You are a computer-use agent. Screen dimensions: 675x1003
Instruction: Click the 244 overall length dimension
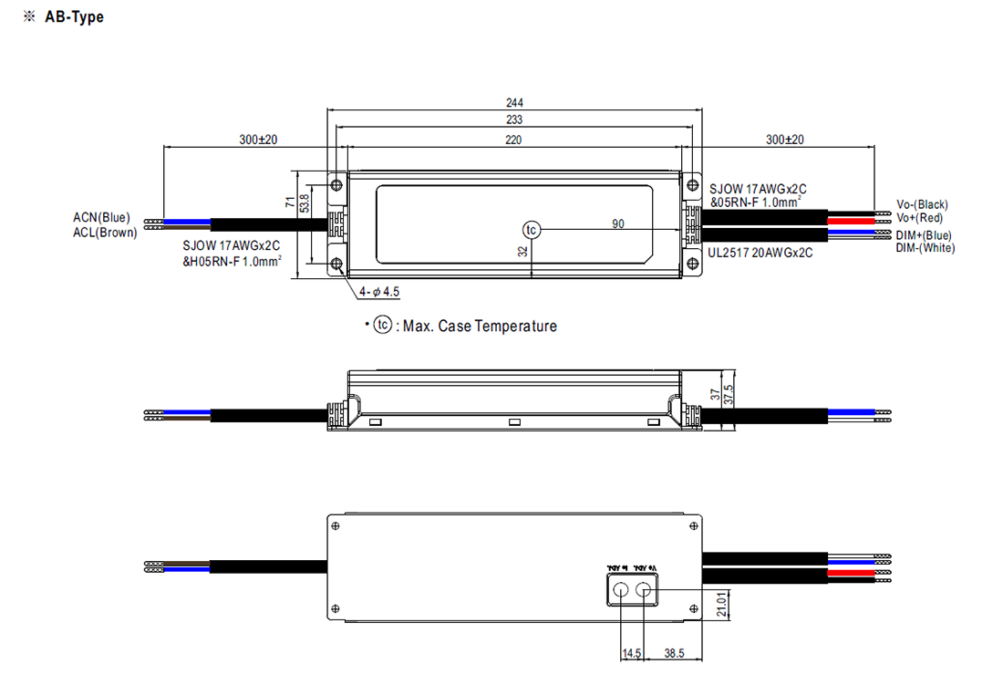pyautogui.click(x=516, y=103)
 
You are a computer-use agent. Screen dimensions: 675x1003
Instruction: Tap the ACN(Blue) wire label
pyautogui.click(x=101, y=218)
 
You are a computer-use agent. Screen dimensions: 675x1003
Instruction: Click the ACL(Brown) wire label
pyautogui.click(x=105, y=233)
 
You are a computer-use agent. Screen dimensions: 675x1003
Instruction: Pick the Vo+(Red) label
pyautogui.click(x=920, y=218)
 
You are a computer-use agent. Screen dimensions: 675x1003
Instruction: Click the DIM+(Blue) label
pyautogui.click(x=924, y=235)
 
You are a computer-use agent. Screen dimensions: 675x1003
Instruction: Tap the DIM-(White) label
pyautogui.click(x=925, y=248)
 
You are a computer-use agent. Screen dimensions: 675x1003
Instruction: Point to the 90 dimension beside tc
pyautogui.click(x=619, y=223)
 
